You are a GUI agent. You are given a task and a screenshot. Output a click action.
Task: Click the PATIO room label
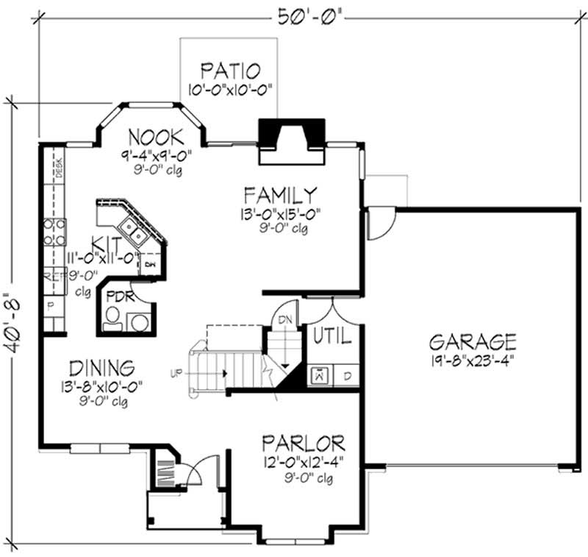click(x=229, y=71)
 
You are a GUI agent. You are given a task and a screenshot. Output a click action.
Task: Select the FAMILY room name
click(x=281, y=195)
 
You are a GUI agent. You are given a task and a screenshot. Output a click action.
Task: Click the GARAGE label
click(x=473, y=341)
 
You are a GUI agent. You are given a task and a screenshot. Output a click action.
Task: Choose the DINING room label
click(x=101, y=366)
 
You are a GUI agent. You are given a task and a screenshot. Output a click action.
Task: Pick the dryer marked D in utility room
click(x=347, y=375)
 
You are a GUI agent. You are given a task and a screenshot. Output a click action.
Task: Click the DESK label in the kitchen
click(x=59, y=168)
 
